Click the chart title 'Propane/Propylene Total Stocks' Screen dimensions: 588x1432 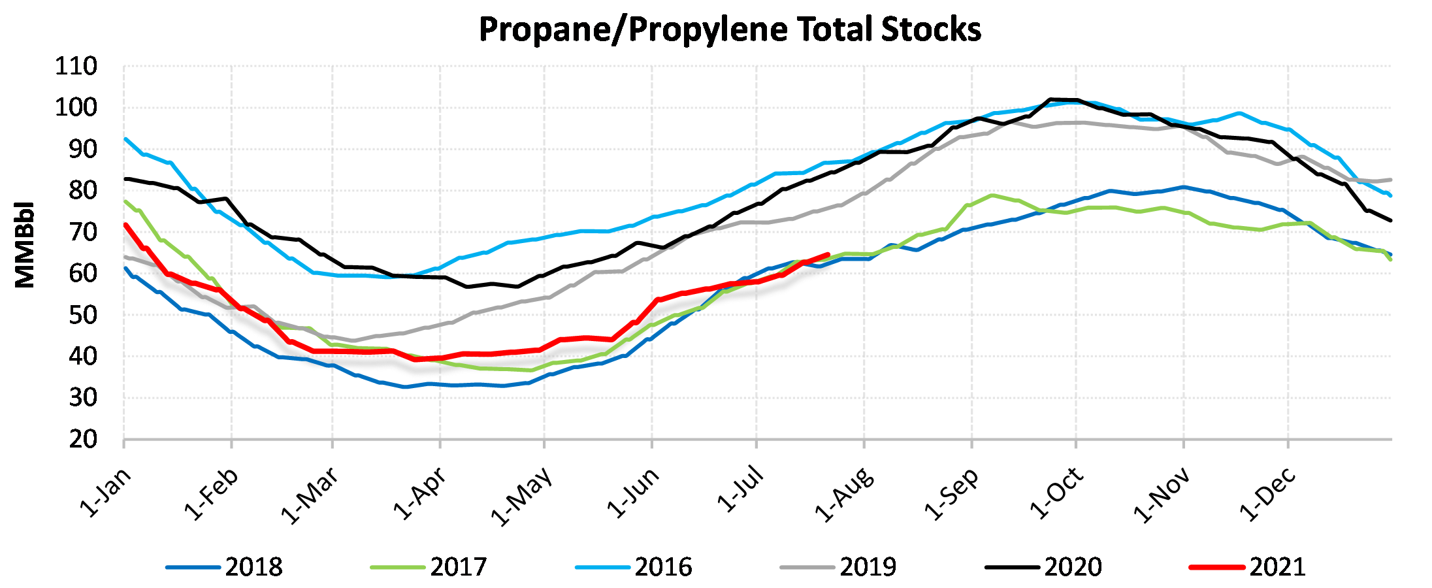point(730,29)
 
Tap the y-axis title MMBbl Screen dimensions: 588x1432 point(25,245)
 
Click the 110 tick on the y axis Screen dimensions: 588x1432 point(76,66)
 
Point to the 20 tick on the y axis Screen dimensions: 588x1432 point(83,439)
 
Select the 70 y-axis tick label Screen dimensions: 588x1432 point(83,232)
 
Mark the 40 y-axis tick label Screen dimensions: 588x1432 point(83,356)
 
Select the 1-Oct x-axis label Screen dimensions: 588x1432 point(1057,493)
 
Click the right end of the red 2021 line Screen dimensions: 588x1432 point(828,255)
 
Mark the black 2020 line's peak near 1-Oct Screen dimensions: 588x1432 point(1050,100)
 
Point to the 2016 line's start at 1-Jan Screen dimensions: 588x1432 point(125,139)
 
